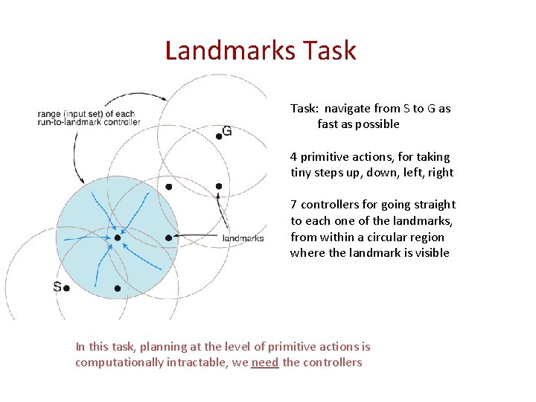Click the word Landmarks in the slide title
click(226, 51)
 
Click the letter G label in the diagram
click(227, 132)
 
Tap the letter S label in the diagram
click(57, 287)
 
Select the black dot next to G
click(219, 135)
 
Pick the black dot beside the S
click(67, 288)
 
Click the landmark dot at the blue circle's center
click(117, 238)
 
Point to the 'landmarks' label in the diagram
click(243, 238)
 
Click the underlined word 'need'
click(265, 363)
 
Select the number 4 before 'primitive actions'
click(294, 157)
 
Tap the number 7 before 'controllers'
click(294, 205)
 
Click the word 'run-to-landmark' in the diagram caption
click(70, 122)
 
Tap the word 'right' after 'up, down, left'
click(438, 173)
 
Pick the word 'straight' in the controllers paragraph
click(433, 205)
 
